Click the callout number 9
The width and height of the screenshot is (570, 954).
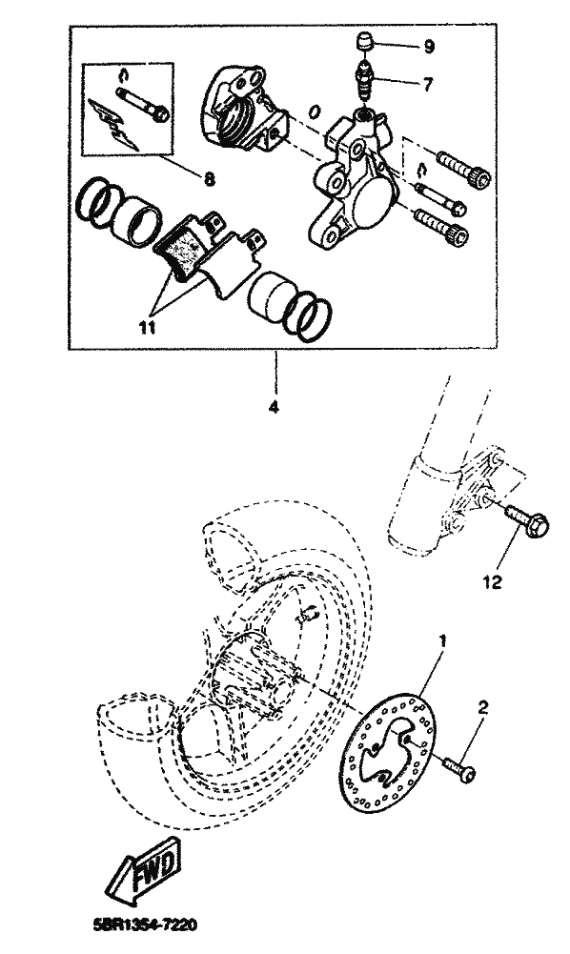click(429, 47)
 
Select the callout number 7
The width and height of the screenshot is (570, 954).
click(427, 85)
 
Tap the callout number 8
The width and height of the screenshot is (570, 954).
click(209, 179)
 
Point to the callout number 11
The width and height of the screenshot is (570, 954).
click(147, 327)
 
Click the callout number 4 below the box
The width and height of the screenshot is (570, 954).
click(274, 406)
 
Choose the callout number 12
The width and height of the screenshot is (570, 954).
click(492, 582)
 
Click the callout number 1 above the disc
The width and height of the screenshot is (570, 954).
click(443, 640)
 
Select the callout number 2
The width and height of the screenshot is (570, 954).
click(482, 707)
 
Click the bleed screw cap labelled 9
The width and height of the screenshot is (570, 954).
click(363, 44)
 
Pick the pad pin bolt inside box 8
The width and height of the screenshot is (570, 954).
click(142, 103)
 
